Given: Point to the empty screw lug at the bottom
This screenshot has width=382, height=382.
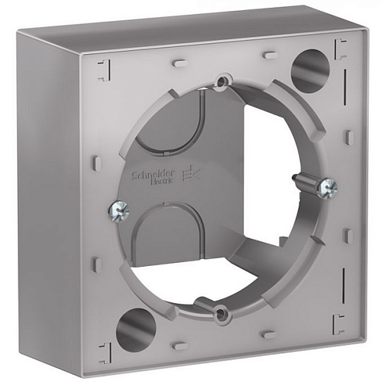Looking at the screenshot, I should coord(221,312).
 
